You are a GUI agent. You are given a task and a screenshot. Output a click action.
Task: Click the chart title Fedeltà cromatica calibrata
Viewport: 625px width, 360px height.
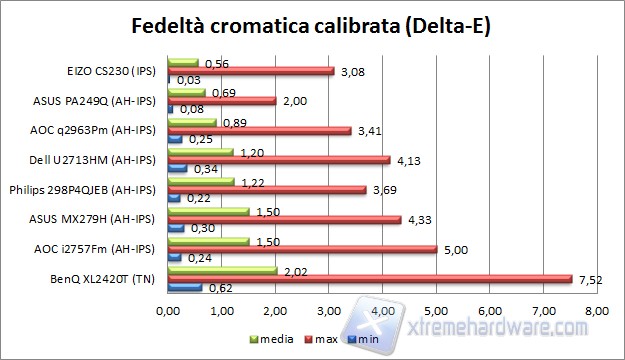pyautogui.click(x=311, y=23)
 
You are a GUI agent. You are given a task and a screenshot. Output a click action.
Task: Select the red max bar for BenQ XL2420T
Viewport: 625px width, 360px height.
pyautogui.click(x=369, y=279)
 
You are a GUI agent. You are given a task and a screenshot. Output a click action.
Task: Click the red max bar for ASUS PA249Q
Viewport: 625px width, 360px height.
pyautogui.click(x=221, y=101)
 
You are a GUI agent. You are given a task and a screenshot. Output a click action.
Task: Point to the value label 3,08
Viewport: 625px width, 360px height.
pyautogui.click(x=352, y=71)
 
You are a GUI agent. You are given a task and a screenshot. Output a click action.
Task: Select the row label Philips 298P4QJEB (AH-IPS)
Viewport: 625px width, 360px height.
pyautogui.click(x=83, y=189)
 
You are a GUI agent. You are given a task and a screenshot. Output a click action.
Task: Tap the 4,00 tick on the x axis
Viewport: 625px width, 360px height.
pyautogui.click(x=382, y=312)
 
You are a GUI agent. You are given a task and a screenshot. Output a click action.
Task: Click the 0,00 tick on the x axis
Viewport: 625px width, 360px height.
pyautogui.click(x=168, y=312)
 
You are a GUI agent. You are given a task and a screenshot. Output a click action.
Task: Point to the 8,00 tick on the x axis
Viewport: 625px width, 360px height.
pyautogui.click(x=596, y=312)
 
